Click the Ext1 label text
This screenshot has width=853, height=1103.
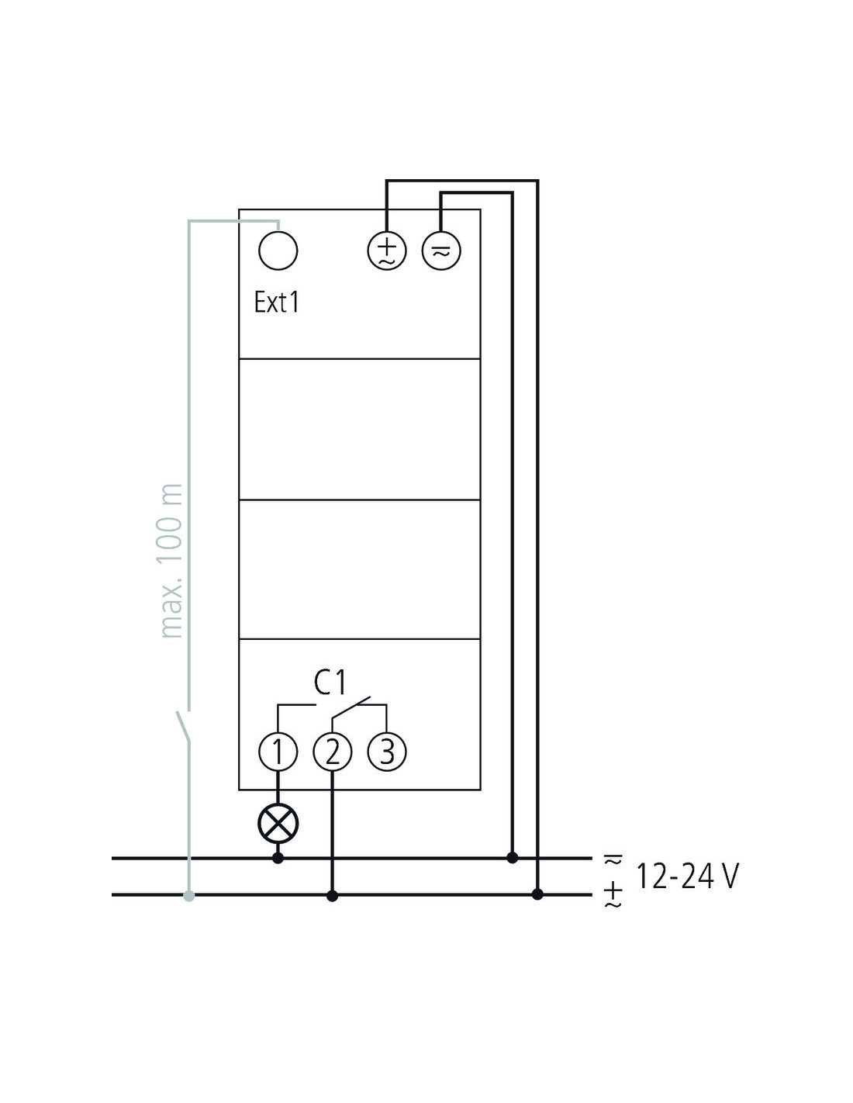coord(276,303)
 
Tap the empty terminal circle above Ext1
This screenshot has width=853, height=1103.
coord(278,251)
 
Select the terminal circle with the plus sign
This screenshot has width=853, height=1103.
coord(387,251)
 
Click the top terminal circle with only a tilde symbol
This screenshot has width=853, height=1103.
coord(441,251)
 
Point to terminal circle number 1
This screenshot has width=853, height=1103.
coord(278,752)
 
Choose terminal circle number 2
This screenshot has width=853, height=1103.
coord(333,752)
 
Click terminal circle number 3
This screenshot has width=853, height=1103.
coord(387,752)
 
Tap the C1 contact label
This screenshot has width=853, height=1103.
coord(330,683)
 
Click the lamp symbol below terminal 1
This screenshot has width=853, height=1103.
coord(278,824)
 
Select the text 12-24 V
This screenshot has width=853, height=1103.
coord(688,876)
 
